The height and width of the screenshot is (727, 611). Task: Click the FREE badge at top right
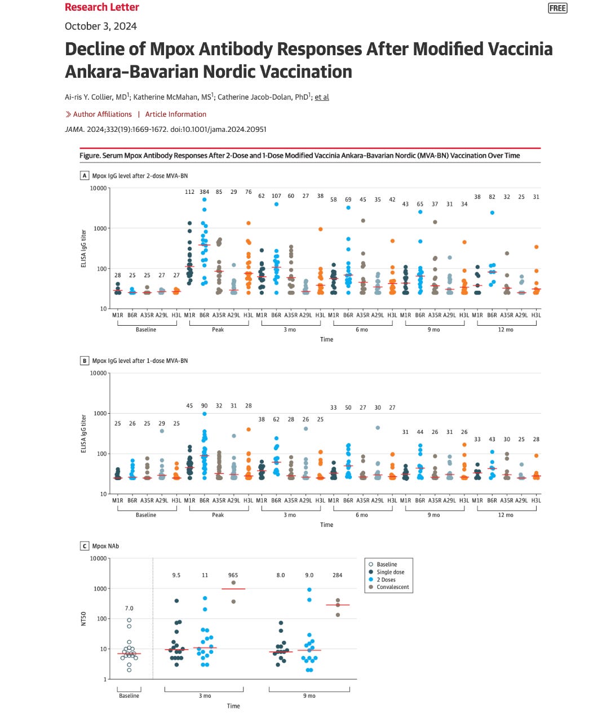coord(557,8)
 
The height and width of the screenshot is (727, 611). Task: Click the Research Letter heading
coord(101,7)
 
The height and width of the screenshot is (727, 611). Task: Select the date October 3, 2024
coord(101,26)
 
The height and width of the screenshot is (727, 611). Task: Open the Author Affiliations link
coord(102,114)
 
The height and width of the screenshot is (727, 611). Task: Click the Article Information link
coord(175,114)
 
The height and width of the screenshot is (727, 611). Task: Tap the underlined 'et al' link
coord(322,97)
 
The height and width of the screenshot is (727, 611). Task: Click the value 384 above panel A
coord(204,192)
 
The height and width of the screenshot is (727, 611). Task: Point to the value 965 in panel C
coord(233,575)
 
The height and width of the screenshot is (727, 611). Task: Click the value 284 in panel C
coord(337,575)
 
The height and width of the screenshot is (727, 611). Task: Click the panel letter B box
coord(85,361)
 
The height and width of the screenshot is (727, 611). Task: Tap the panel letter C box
coord(85,546)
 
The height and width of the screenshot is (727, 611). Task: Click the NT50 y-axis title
coord(83,619)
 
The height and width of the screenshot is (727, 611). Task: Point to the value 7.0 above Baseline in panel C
coord(129,608)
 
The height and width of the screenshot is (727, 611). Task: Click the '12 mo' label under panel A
coord(506,330)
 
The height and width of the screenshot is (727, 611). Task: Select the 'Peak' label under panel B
coord(218,515)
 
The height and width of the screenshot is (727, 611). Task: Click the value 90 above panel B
coord(204,406)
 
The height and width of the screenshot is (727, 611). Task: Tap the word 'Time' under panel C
coord(233,706)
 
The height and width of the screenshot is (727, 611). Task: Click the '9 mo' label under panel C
coord(309,696)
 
